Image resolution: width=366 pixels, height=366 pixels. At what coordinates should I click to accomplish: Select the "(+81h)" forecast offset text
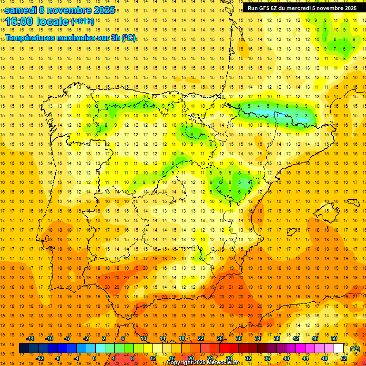click(x=82, y=21)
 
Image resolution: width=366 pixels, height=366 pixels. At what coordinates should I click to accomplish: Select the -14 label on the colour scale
click(x=30, y=338)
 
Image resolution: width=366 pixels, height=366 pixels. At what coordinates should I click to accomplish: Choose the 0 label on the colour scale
click(x=94, y=357)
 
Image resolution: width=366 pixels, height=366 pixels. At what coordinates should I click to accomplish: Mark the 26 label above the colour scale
click(x=220, y=338)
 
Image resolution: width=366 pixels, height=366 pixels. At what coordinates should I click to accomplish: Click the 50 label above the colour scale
click(x=334, y=338)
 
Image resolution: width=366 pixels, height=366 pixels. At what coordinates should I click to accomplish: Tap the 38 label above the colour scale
click(x=277, y=338)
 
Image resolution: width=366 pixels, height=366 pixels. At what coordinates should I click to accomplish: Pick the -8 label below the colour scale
click(x=57, y=357)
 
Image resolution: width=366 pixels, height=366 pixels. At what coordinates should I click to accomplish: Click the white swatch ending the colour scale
click(x=339, y=348)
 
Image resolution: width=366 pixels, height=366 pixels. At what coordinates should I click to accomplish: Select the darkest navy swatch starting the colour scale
click(x=24, y=348)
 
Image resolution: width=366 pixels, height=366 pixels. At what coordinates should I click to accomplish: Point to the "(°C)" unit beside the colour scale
click(x=355, y=348)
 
